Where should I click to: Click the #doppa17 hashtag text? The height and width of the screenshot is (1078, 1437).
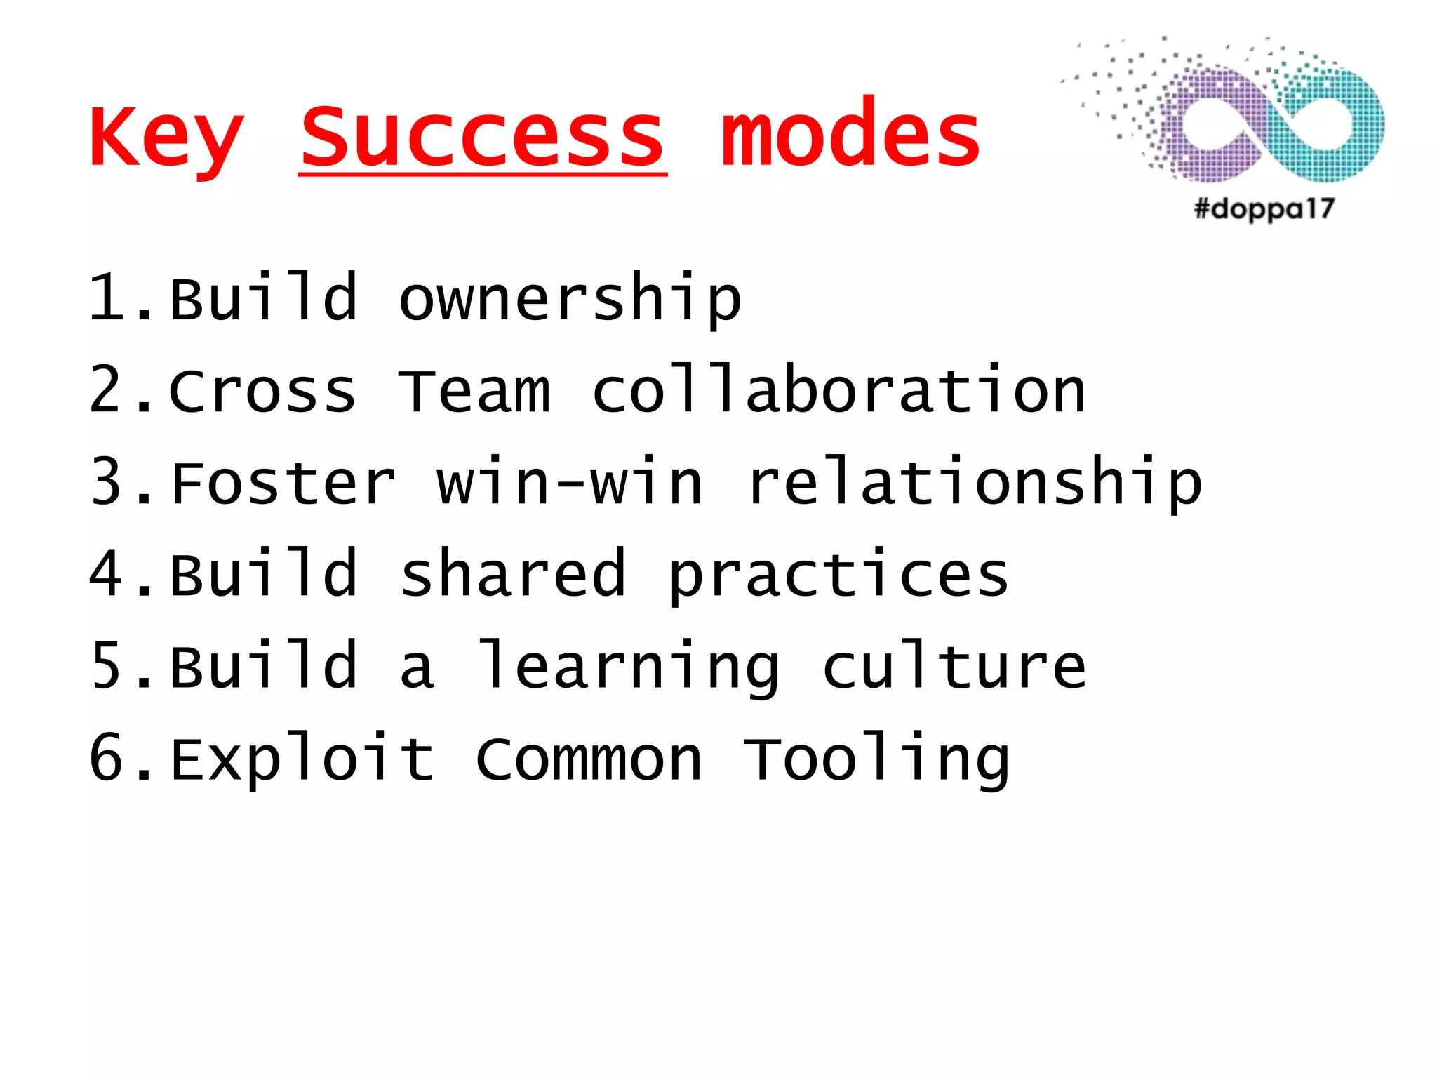(x=1264, y=208)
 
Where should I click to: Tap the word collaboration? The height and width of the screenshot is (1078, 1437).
(x=839, y=390)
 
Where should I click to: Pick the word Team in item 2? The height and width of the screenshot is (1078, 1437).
(x=474, y=391)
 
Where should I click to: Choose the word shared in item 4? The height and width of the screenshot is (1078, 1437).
(x=512, y=575)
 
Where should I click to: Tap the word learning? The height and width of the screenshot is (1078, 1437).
(x=627, y=667)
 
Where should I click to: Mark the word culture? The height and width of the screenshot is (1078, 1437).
(x=954, y=666)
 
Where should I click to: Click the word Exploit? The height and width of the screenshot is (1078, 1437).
(x=302, y=760)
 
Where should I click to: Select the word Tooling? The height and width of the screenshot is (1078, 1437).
(x=876, y=760)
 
